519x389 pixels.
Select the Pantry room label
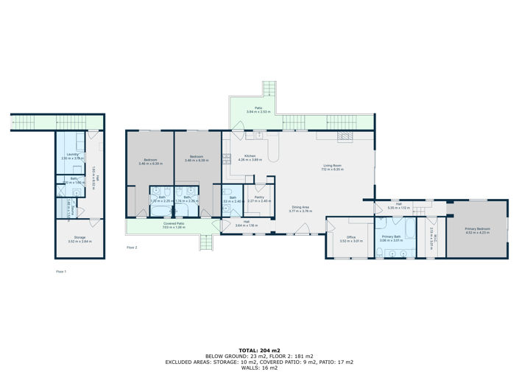(259, 197)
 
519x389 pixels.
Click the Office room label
(347, 237)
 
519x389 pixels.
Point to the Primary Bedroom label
(477, 229)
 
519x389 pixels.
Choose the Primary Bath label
(390, 237)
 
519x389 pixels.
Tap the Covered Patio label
(174, 224)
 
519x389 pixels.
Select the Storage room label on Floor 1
(80, 237)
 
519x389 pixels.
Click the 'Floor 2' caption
(132, 248)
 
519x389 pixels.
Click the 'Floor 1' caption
(61, 272)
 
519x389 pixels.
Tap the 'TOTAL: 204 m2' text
(259, 349)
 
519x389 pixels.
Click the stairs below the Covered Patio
(207, 243)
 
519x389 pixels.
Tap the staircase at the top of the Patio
(270, 90)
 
